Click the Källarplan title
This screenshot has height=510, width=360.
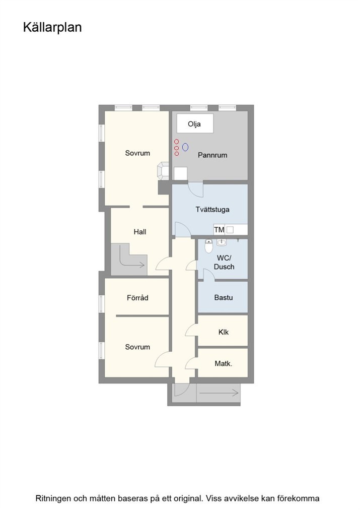point(52,28)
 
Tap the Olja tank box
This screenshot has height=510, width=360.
point(195,123)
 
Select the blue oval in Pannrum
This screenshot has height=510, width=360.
point(185,147)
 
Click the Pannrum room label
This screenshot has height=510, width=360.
point(212,155)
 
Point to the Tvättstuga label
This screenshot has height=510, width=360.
point(212,210)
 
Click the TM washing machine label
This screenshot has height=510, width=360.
point(219,230)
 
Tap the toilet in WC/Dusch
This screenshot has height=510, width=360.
point(208,246)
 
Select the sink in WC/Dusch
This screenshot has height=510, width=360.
point(222,242)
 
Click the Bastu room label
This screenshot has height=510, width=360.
point(224,298)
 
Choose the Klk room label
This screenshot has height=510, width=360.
point(224,332)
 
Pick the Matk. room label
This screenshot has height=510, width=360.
point(224,364)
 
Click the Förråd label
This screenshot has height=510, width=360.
point(138,298)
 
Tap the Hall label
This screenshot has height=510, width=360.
point(140,232)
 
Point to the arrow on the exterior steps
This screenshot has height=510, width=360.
point(219,393)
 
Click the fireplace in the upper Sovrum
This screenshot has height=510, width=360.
point(163,171)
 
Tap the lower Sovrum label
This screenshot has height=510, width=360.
point(138,347)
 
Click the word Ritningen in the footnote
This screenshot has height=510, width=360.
point(52,498)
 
